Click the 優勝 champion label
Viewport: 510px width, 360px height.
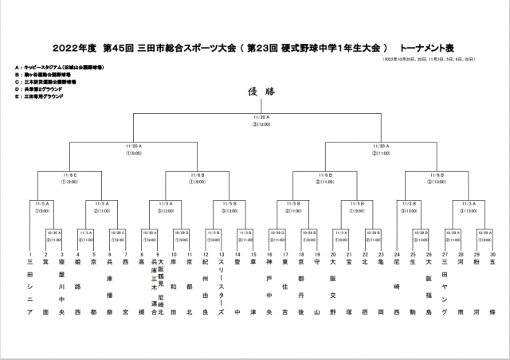coord(255,92)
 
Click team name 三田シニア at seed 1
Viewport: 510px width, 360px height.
coord(30,287)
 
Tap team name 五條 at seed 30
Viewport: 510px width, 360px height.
coord(492,287)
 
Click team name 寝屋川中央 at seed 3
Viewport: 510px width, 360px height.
coord(61,287)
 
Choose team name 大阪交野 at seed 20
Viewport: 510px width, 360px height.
coord(333,287)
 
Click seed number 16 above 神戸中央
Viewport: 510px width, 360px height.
coord(269,254)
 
